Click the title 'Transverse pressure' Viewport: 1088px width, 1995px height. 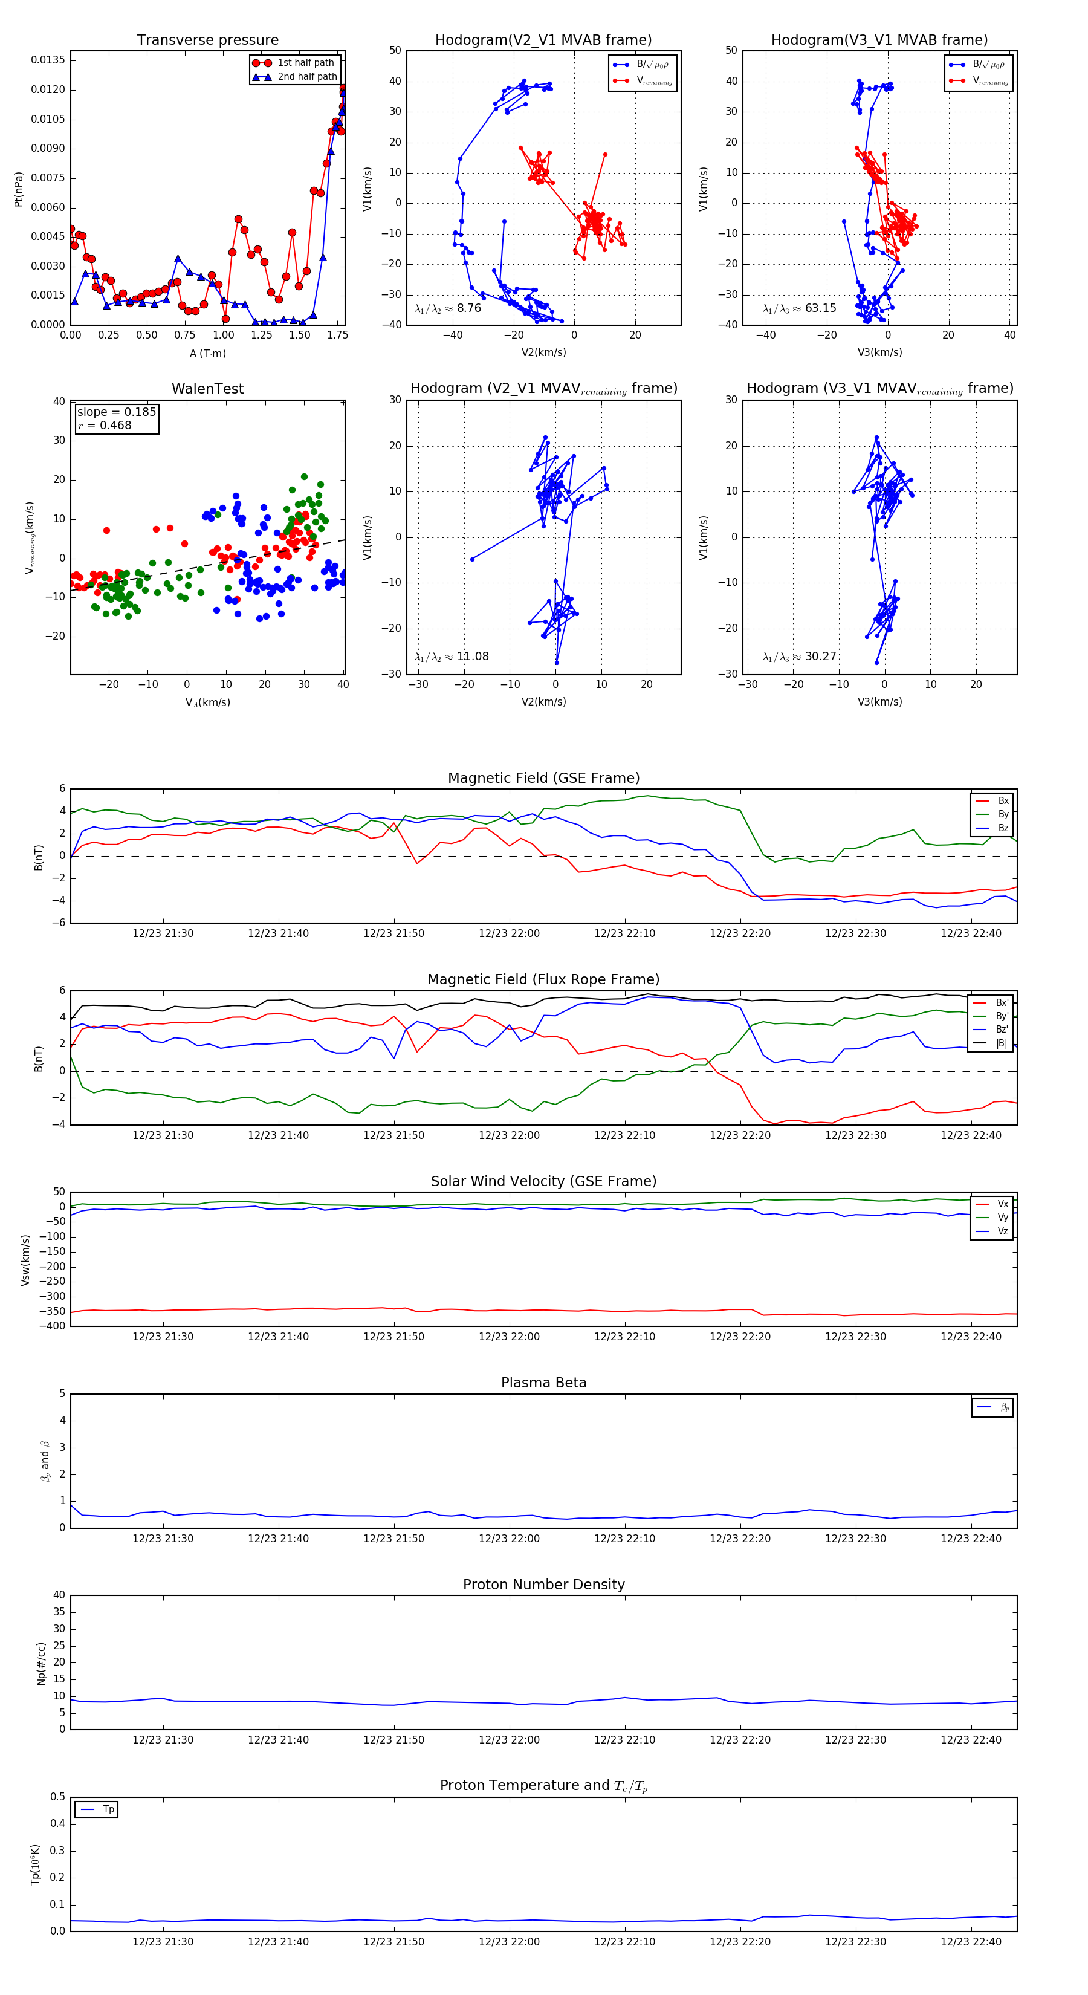(x=207, y=41)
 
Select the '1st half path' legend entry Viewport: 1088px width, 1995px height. (x=305, y=63)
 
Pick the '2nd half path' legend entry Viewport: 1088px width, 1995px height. (x=306, y=77)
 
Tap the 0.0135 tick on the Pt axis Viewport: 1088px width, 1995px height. (x=48, y=60)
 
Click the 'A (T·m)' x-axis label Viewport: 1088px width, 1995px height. (x=207, y=353)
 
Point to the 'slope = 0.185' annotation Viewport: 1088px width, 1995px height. (x=116, y=412)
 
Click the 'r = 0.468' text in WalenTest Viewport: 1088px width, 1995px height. (x=105, y=425)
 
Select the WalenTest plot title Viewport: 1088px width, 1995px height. (x=207, y=389)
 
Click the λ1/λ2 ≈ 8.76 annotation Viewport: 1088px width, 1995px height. (x=447, y=308)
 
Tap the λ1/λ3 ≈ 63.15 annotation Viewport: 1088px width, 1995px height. (x=799, y=308)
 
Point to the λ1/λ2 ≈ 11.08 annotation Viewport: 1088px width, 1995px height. (x=452, y=657)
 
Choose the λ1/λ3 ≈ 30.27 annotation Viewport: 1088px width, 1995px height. (x=799, y=657)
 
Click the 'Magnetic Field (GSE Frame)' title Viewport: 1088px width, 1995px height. (x=543, y=778)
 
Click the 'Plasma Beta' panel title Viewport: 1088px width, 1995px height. (x=543, y=1383)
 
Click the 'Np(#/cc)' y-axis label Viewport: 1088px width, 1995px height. (x=42, y=1662)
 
